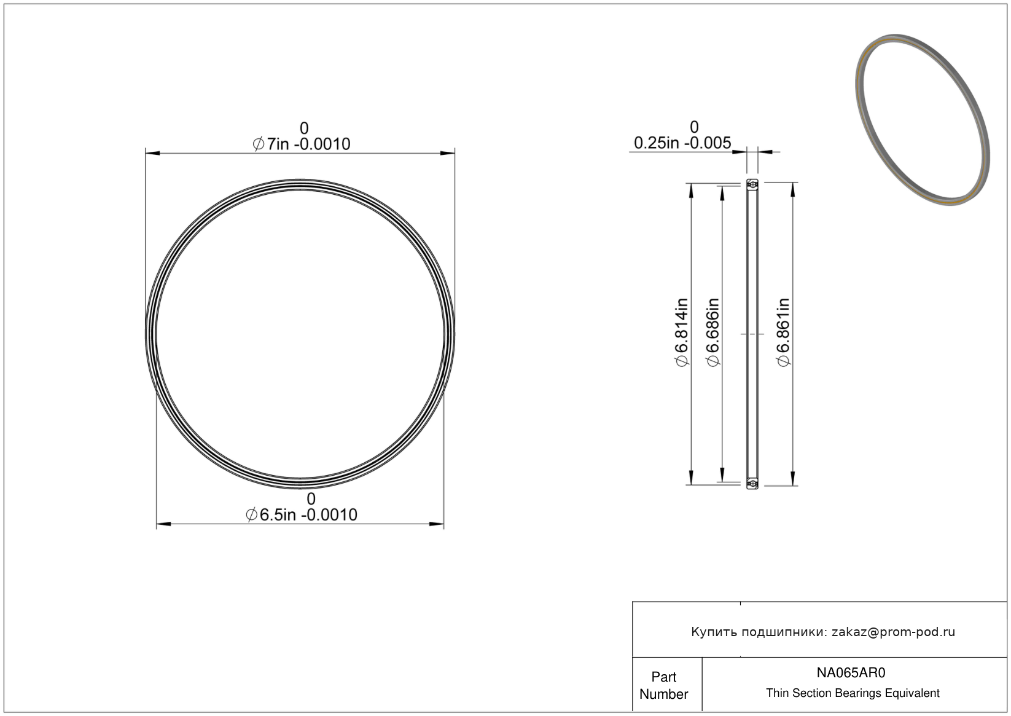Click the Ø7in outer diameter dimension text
tap(301, 144)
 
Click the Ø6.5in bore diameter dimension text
tap(301, 514)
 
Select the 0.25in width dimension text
tap(682, 143)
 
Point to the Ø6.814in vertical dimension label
tap(682, 332)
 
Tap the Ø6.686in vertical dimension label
tap(712, 332)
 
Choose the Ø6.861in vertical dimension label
tap(783, 332)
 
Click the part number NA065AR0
tap(851, 672)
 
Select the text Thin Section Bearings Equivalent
tap(853, 693)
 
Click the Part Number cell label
tap(663, 685)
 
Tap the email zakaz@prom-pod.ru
tap(893, 632)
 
